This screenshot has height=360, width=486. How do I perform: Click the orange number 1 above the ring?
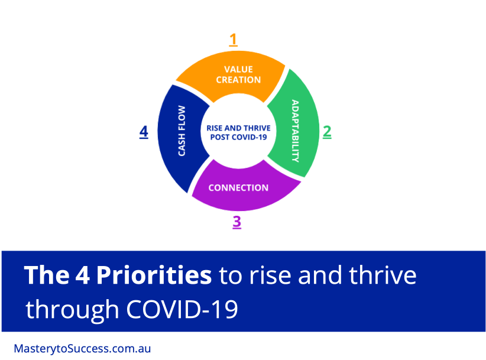(234, 40)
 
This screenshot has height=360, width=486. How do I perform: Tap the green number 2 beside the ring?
(327, 132)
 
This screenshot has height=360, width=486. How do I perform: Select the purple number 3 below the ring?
(237, 222)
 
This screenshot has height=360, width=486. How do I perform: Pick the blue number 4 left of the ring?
(144, 132)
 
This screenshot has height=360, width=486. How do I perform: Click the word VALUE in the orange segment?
(239, 69)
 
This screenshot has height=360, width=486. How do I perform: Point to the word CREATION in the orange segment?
(238, 80)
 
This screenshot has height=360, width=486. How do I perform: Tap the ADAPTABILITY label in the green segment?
(295, 131)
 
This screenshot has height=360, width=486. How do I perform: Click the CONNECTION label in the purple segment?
(238, 188)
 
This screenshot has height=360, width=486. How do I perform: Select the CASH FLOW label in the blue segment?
(182, 131)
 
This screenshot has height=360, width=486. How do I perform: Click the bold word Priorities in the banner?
(154, 275)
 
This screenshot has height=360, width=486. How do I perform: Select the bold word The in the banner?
(47, 275)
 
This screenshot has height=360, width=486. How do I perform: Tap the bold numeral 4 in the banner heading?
(83, 275)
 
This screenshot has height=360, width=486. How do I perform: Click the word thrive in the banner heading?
(383, 275)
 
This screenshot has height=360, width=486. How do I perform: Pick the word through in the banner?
(72, 310)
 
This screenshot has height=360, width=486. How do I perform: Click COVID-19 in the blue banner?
(182, 309)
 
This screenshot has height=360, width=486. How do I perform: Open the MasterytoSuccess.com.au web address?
(82, 349)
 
